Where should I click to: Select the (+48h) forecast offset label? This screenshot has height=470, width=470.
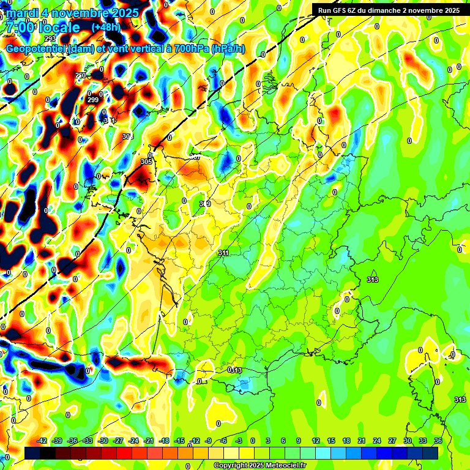[x=106, y=28]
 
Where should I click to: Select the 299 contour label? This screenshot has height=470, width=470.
[x=93, y=100]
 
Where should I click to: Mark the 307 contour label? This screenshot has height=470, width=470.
[x=195, y=157]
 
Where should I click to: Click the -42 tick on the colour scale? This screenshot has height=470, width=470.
[x=42, y=441]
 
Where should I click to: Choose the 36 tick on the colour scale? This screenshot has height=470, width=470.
[x=438, y=441]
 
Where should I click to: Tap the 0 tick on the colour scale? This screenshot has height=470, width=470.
[x=254, y=441]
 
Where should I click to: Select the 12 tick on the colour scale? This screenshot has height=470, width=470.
[x=316, y=441]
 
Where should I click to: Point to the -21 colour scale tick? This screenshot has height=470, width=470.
[x=148, y=441]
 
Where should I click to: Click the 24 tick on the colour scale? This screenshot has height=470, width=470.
[x=376, y=441]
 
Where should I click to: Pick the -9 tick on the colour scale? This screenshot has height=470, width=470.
[x=209, y=441]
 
